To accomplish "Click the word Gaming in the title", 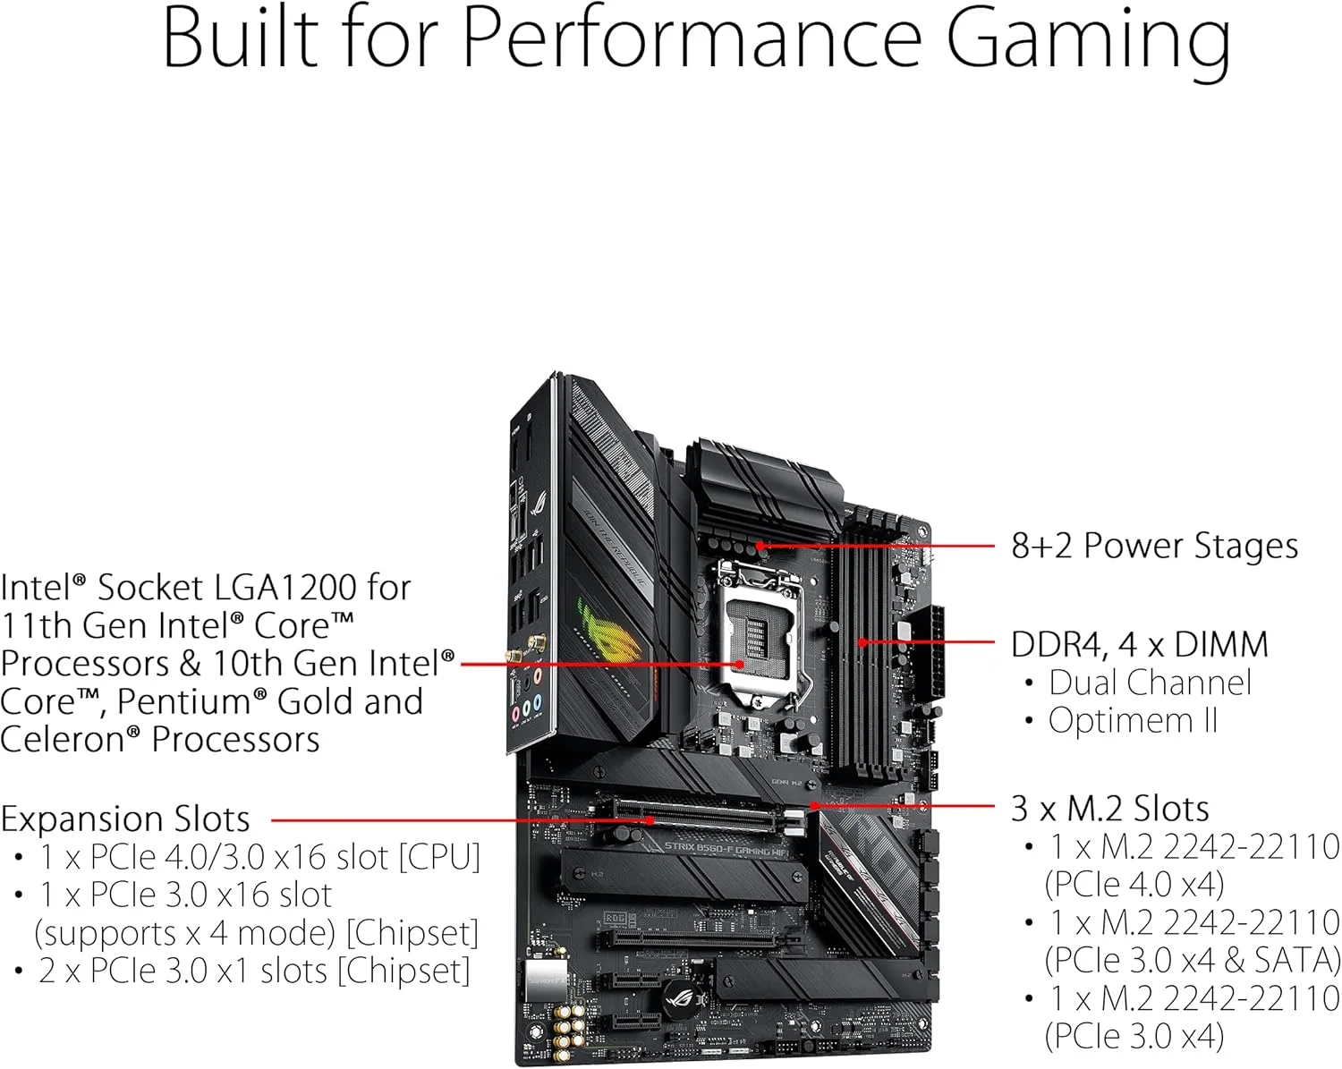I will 1088,40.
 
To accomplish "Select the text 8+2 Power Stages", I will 1154,546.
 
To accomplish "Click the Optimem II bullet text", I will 1133,720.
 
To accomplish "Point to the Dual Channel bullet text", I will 1150,683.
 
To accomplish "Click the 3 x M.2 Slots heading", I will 1109,808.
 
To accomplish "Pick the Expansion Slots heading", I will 125,819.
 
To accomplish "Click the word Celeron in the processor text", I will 71,740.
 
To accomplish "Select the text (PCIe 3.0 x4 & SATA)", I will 1192,960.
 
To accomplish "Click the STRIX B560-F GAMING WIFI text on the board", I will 726,848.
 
